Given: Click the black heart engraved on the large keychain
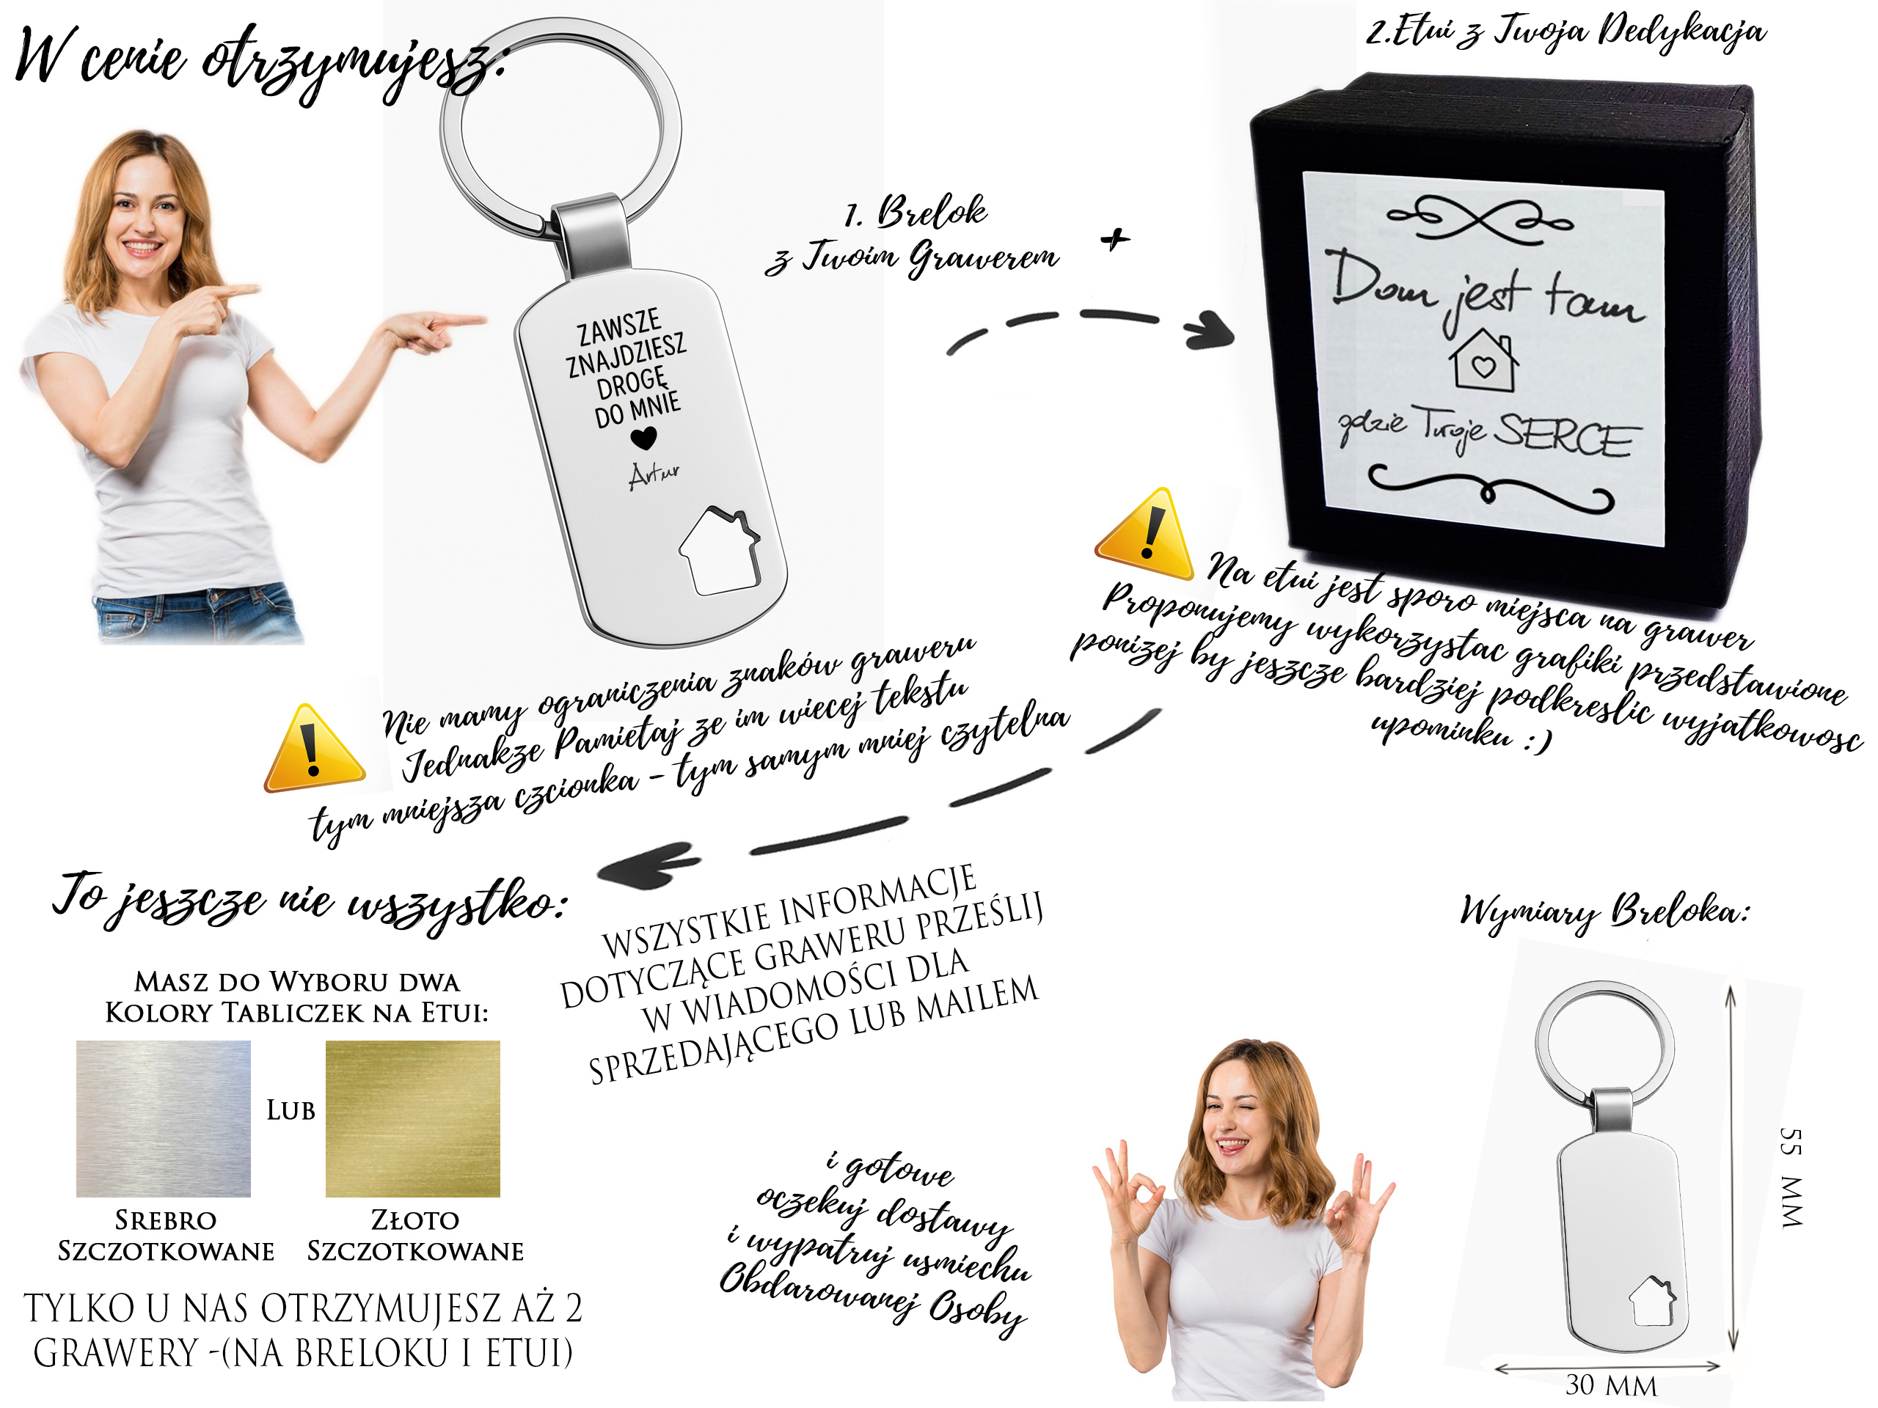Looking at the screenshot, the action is [x=643, y=437].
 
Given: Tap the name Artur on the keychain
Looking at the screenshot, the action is [x=653, y=475].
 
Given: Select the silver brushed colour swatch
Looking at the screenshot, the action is [x=163, y=1118].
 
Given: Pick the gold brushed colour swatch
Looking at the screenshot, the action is [x=412, y=1118].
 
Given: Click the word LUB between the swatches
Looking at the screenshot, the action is [x=291, y=1110].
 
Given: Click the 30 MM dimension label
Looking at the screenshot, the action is [x=1612, y=1385].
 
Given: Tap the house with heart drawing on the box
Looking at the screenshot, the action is [x=1483, y=362].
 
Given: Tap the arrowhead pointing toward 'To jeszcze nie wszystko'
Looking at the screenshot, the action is [x=647, y=864].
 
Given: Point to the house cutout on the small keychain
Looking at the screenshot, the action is [x=1652, y=1301].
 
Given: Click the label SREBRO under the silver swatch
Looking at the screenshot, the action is [x=166, y=1220].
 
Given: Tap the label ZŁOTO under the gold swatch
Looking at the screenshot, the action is [x=415, y=1220].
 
